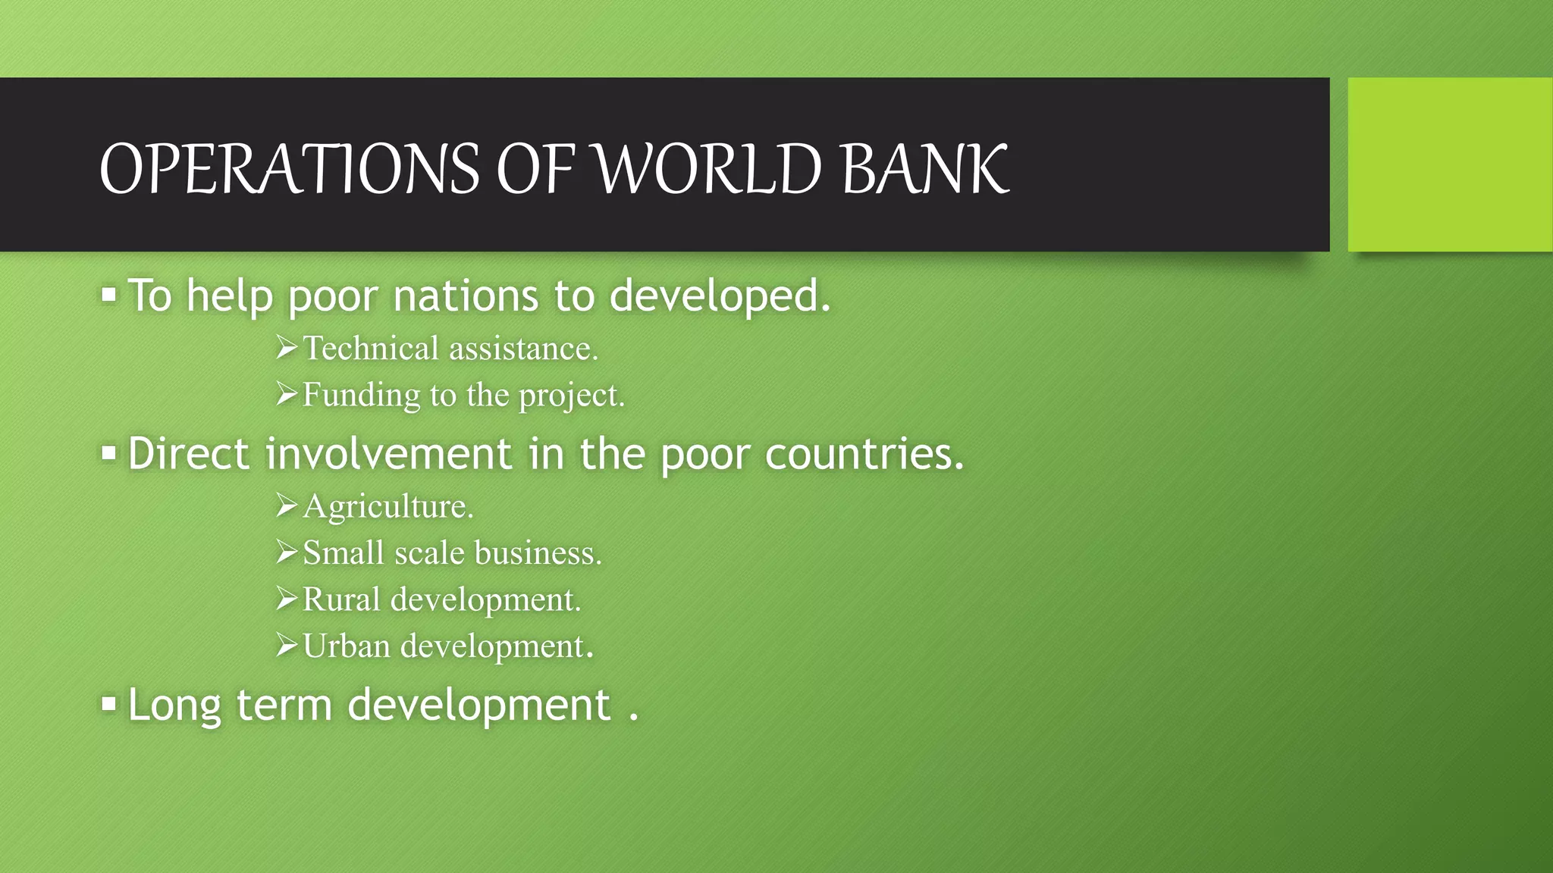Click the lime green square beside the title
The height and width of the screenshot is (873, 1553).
coord(1450,164)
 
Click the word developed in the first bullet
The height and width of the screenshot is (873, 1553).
coord(720,296)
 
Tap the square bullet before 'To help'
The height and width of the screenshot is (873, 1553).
coord(109,294)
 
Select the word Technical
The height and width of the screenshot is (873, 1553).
coord(371,349)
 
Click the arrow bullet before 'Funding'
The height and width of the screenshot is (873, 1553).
coord(287,394)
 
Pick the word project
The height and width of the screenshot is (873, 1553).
coord(571,396)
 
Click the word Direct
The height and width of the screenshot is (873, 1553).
coord(188,454)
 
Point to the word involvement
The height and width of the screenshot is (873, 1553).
coord(388,454)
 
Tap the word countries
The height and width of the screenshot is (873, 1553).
coord(864,454)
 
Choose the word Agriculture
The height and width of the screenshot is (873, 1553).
coord(387,506)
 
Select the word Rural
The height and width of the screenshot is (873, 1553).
coord(341,599)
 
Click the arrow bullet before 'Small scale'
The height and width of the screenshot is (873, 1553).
coord(287,552)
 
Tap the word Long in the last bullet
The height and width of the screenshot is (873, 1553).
coord(174,705)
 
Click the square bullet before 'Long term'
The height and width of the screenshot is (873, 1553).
coord(109,704)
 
